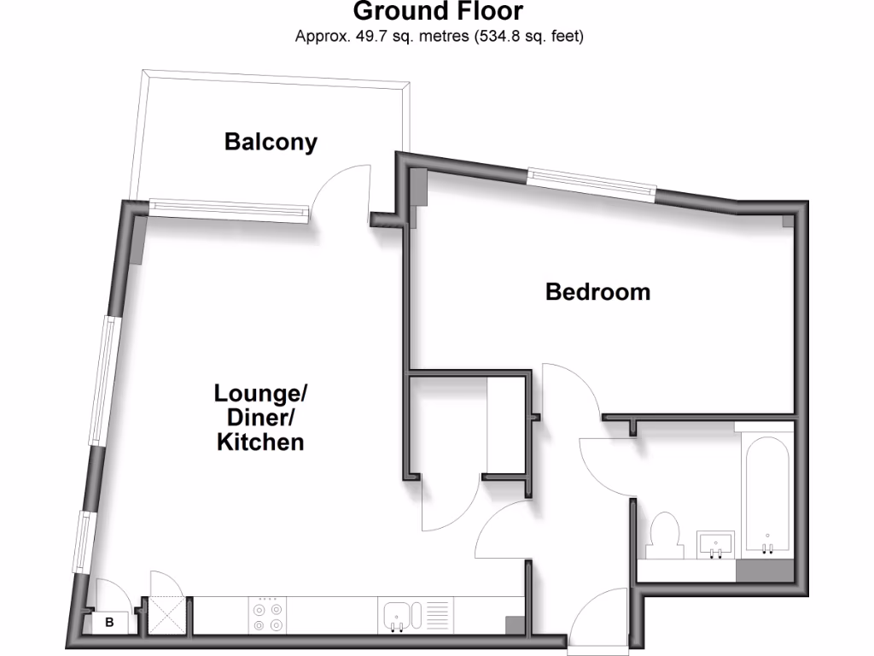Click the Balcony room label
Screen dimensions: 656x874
coord(271,142)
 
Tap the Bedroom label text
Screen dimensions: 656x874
coord(597,292)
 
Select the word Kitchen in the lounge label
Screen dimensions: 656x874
coord(260,442)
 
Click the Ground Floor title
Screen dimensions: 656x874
coord(438,12)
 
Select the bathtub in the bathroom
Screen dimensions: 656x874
coord(765,495)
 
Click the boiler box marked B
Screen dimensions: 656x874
coord(108,623)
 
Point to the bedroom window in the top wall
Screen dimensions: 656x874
coord(591,184)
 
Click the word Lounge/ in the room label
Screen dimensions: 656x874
coord(260,395)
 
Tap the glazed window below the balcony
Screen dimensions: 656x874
coord(227,210)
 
